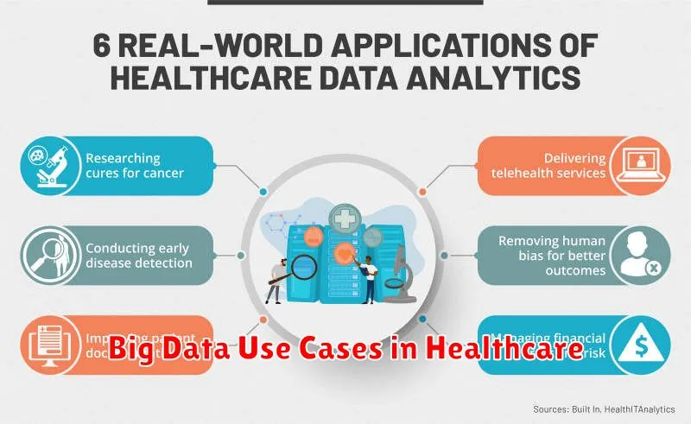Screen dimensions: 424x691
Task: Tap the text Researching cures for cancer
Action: [x=124, y=167]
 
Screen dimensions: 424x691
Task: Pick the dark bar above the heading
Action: [x=345, y=3]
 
